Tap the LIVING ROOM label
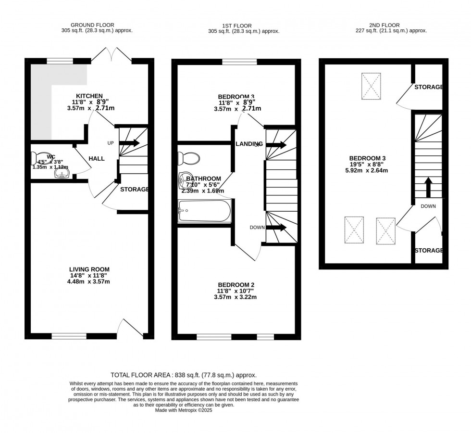click(89, 269)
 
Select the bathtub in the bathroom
click(204, 211)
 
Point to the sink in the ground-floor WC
click(62, 172)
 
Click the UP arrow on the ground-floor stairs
click(129, 143)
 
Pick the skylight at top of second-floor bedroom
click(371, 85)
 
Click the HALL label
click(97, 159)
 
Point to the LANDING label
click(248, 144)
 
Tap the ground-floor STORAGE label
click(134, 190)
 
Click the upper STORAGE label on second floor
click(428, 87)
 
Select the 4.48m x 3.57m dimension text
click(89, 282)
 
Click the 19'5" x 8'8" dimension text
click(367, 164)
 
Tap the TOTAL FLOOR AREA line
click(184, 375)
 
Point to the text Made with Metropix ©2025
click(185, 410)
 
